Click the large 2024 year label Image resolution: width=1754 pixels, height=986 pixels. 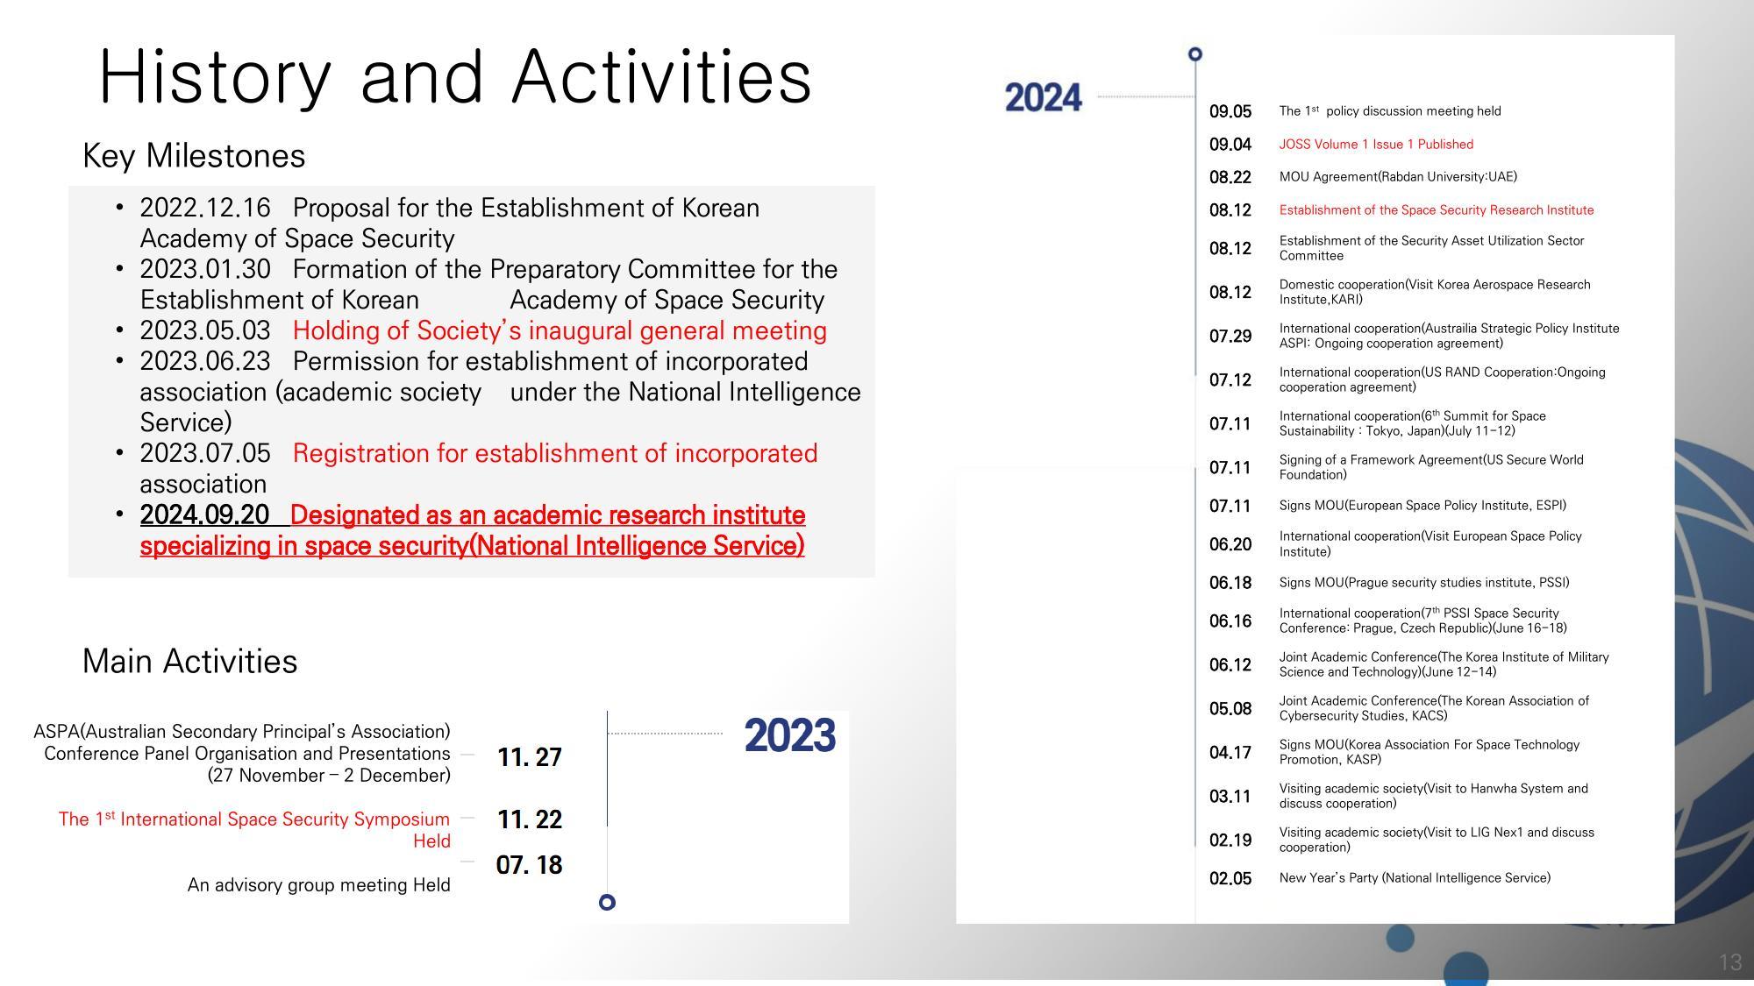coord(1043,97)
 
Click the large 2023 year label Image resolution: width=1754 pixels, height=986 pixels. coord(789,735)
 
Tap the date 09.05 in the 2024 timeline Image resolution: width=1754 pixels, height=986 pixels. coord(1230,111)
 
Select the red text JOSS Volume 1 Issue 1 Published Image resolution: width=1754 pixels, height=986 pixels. coord(1375,145)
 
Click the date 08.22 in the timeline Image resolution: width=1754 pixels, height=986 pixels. coord(1230,177)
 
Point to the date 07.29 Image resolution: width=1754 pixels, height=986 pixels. coord(1230,337)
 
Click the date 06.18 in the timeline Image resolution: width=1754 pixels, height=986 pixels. coord(1230,583)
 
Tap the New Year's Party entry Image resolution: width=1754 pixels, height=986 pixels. coord(1414,878)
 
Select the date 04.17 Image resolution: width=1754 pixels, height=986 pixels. coord(1230,753)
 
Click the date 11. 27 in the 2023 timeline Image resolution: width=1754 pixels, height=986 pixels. coord(529,757)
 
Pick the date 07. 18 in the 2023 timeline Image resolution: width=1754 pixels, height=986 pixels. coord(529,865)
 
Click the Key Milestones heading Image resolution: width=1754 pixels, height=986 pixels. coord(194,156)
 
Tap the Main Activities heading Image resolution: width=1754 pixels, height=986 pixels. coord(189,662)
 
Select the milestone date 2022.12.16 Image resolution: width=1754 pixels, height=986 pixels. coord(205,209)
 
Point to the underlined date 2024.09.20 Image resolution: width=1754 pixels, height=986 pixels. coord(204,515)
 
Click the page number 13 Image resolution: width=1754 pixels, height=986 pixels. coord(1729,962)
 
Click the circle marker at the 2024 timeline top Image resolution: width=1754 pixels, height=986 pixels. coord(1194,54)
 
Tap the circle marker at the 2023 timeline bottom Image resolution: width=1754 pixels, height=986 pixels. coord(607,902)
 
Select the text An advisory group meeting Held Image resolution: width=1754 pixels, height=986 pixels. coord(318,885)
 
